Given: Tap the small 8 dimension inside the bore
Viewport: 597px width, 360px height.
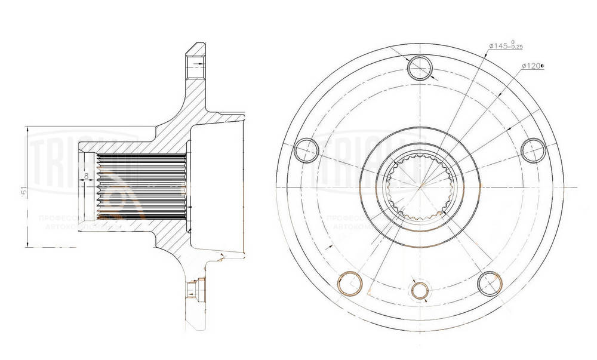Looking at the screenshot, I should (87, 176).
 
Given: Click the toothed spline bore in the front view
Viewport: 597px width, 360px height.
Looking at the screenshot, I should (421, 184).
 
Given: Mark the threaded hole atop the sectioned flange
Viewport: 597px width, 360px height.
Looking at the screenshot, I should (195, 66).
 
